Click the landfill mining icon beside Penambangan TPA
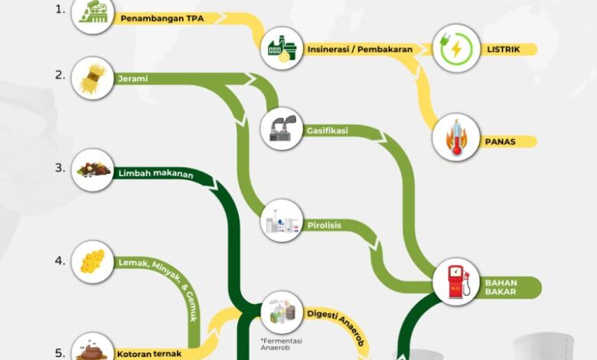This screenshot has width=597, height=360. click(x=93, y=15)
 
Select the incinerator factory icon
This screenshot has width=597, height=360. click(x=281, y=48)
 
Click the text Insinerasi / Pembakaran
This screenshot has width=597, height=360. click(x=360, y=50)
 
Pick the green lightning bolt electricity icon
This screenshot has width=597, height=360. click(x=456, y=49)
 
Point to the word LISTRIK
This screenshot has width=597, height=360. click(x=504, y=50)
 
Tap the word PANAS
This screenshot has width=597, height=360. click(x=501, y=142)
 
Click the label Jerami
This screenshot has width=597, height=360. click(x=132, y=78)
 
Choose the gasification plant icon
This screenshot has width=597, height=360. click(x=281, y=128)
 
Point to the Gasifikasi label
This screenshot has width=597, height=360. click(x=328, y=131)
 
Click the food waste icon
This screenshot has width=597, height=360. click(x=93, y=171)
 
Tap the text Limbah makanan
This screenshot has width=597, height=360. click(x=155, y=174)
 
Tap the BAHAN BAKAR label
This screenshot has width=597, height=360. click(x=501, y=287)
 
